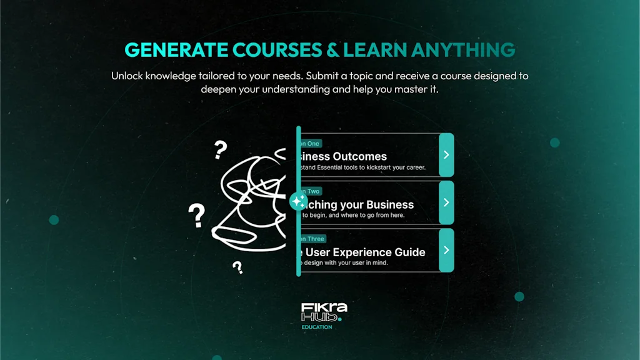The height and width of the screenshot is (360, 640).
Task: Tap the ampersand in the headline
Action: tap(331, 50)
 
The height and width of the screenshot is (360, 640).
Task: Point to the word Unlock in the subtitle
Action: tap(129, 76)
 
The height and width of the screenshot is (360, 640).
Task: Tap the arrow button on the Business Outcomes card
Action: tap(446, 154)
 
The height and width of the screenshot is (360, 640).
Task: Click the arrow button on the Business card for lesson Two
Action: tap(446, 202)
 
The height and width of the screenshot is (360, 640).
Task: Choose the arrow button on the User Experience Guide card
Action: tap(446, 250)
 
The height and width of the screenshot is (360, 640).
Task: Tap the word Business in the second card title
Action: tap(390, 204)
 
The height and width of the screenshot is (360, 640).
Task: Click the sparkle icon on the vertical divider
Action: tap(298, 201)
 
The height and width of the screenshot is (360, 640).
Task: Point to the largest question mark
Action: tap(197, 216)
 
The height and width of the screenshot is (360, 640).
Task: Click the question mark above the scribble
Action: tap(220, 150)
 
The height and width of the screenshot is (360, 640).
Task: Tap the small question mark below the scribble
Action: tap(237, 268)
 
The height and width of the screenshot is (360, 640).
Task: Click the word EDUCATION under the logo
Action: tap(317, 327)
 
